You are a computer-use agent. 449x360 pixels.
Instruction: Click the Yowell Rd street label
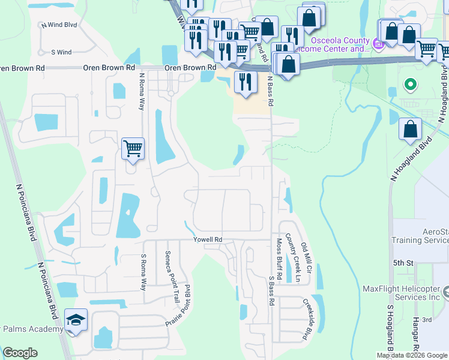point(208,239)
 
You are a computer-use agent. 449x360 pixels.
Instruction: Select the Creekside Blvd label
point(308,319)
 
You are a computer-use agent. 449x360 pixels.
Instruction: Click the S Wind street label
point(61,52)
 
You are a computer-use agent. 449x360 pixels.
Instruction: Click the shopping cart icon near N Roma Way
point(133,148)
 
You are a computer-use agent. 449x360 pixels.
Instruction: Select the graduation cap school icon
point(76,320)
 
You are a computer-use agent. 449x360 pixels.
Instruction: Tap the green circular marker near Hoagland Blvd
point(411,85)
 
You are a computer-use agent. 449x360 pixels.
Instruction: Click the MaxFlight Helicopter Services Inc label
point(401,293)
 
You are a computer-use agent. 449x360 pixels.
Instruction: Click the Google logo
point(20,353)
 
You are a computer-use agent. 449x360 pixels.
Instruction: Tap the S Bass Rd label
point(271,291)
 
